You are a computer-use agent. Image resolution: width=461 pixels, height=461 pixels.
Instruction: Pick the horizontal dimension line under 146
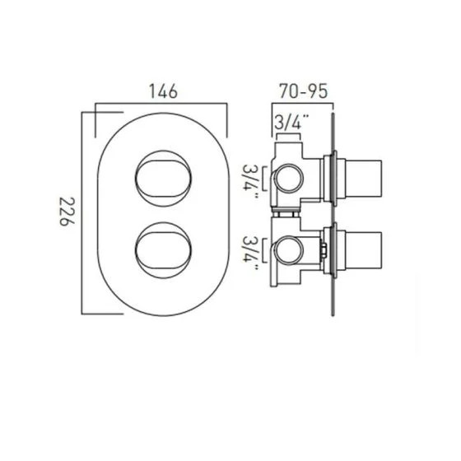tap(161, 105)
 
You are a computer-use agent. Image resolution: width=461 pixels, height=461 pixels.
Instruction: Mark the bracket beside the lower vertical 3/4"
tap(264, 252)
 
